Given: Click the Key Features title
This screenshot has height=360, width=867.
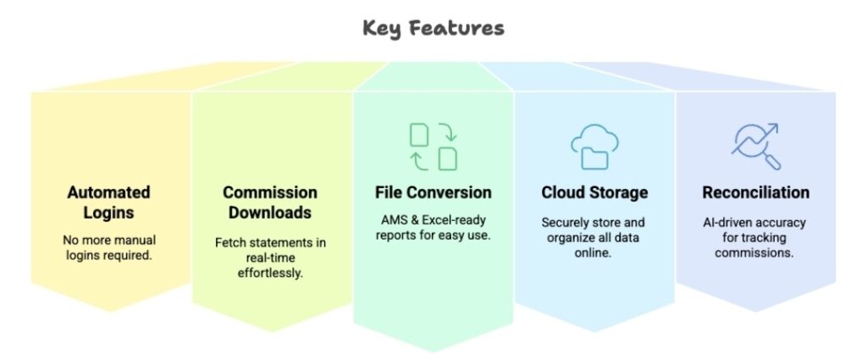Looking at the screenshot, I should pyautogui.click(x=433, y=28).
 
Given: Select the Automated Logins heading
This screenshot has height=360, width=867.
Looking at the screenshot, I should pyautogui.click(x=108, y=202).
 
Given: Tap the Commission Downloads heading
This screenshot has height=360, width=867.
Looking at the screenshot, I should pyautogui.click(x=270, y=202).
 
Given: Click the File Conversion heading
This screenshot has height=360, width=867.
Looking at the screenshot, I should pyautogui.click(x=433, y=192).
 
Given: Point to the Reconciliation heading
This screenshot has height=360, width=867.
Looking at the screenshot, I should pyautogui.click(x=755, y=192).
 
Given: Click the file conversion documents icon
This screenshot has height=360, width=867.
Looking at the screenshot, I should pyautogui.click(x=433, y=146).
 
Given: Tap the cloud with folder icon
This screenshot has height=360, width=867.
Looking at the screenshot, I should pyautogui.click(x=594, y=146).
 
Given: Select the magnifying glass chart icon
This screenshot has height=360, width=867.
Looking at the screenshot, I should pyautogui.click(x=755, y=146).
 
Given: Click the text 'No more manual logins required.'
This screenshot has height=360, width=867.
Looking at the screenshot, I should pyautogui.click(x=108, y=246).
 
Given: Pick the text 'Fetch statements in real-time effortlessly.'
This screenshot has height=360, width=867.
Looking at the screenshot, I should pyautogui.click(x=270, y=257).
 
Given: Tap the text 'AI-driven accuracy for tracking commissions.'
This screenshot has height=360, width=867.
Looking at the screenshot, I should pyautogui.click(x=755, y=237).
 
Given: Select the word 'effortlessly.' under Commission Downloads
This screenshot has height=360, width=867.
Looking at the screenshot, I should pyautogui.click(x=270, y=273).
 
